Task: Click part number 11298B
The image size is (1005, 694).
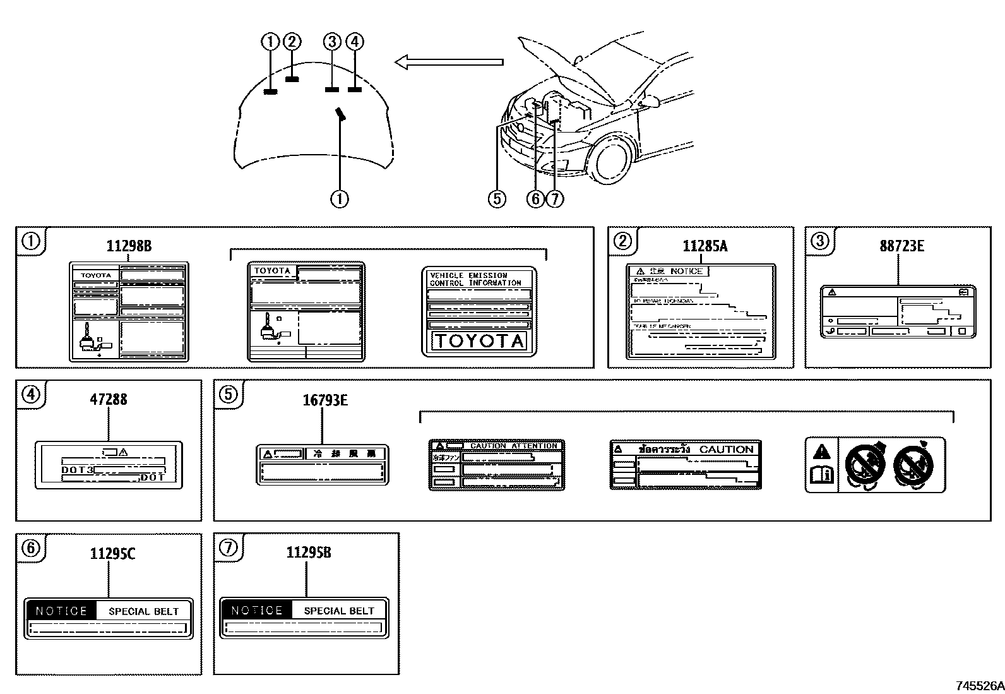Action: (x=129, y=246)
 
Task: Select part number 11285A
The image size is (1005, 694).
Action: (x=705, y=246)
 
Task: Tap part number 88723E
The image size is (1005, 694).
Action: (x=901, y=246)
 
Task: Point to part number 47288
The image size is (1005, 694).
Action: (x=108, y=399)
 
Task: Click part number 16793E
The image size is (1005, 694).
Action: (x=325, y=400)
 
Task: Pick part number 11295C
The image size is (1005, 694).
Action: (x=112, y=554)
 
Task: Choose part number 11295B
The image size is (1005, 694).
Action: (x=308, y=553)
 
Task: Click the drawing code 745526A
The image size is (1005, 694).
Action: (x=978, y=685)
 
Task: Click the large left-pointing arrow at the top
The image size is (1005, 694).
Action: (x=449, y=62)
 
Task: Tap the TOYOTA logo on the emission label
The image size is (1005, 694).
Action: (x=478, y=342)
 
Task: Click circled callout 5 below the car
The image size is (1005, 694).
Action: (x=497, y=199)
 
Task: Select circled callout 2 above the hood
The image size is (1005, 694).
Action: (x=292, y=42)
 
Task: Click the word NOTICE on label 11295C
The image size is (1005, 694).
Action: (x=61, y=611)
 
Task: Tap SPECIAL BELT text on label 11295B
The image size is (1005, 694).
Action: (x=339, y=611)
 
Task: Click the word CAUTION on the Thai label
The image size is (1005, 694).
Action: (x=726, y=449)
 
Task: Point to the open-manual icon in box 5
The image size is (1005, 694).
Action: (x=821, y=474)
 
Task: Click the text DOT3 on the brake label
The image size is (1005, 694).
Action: (x=77, y=470)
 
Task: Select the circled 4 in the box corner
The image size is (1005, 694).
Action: (x=30, y=395)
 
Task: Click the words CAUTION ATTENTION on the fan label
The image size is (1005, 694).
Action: (x=513, y=446)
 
